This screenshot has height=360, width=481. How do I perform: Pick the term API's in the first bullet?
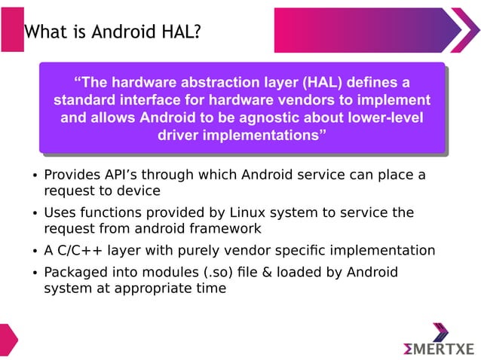121,175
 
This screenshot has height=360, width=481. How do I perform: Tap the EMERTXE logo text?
439,348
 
